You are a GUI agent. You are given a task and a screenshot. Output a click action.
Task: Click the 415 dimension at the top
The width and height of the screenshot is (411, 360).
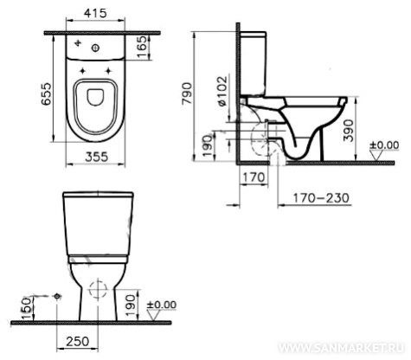(95, 13)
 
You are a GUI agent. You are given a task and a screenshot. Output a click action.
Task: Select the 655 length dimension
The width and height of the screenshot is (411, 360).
(46, 94)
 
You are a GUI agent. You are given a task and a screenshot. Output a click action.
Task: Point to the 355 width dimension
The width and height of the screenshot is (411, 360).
(97, 157)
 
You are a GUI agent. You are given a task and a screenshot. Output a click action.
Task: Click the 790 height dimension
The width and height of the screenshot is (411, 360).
(187, 93)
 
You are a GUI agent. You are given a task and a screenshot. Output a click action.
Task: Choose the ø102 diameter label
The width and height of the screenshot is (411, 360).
(222, 92)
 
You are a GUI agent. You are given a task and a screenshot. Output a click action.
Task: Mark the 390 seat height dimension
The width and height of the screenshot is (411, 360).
(349, 131)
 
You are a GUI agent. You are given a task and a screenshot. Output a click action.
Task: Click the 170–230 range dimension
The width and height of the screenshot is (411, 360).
(321, 198)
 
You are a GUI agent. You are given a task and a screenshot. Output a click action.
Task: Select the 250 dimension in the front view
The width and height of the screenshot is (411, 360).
(78, 342)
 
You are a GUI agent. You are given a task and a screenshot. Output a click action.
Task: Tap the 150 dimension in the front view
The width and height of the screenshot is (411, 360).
(26, 308)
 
